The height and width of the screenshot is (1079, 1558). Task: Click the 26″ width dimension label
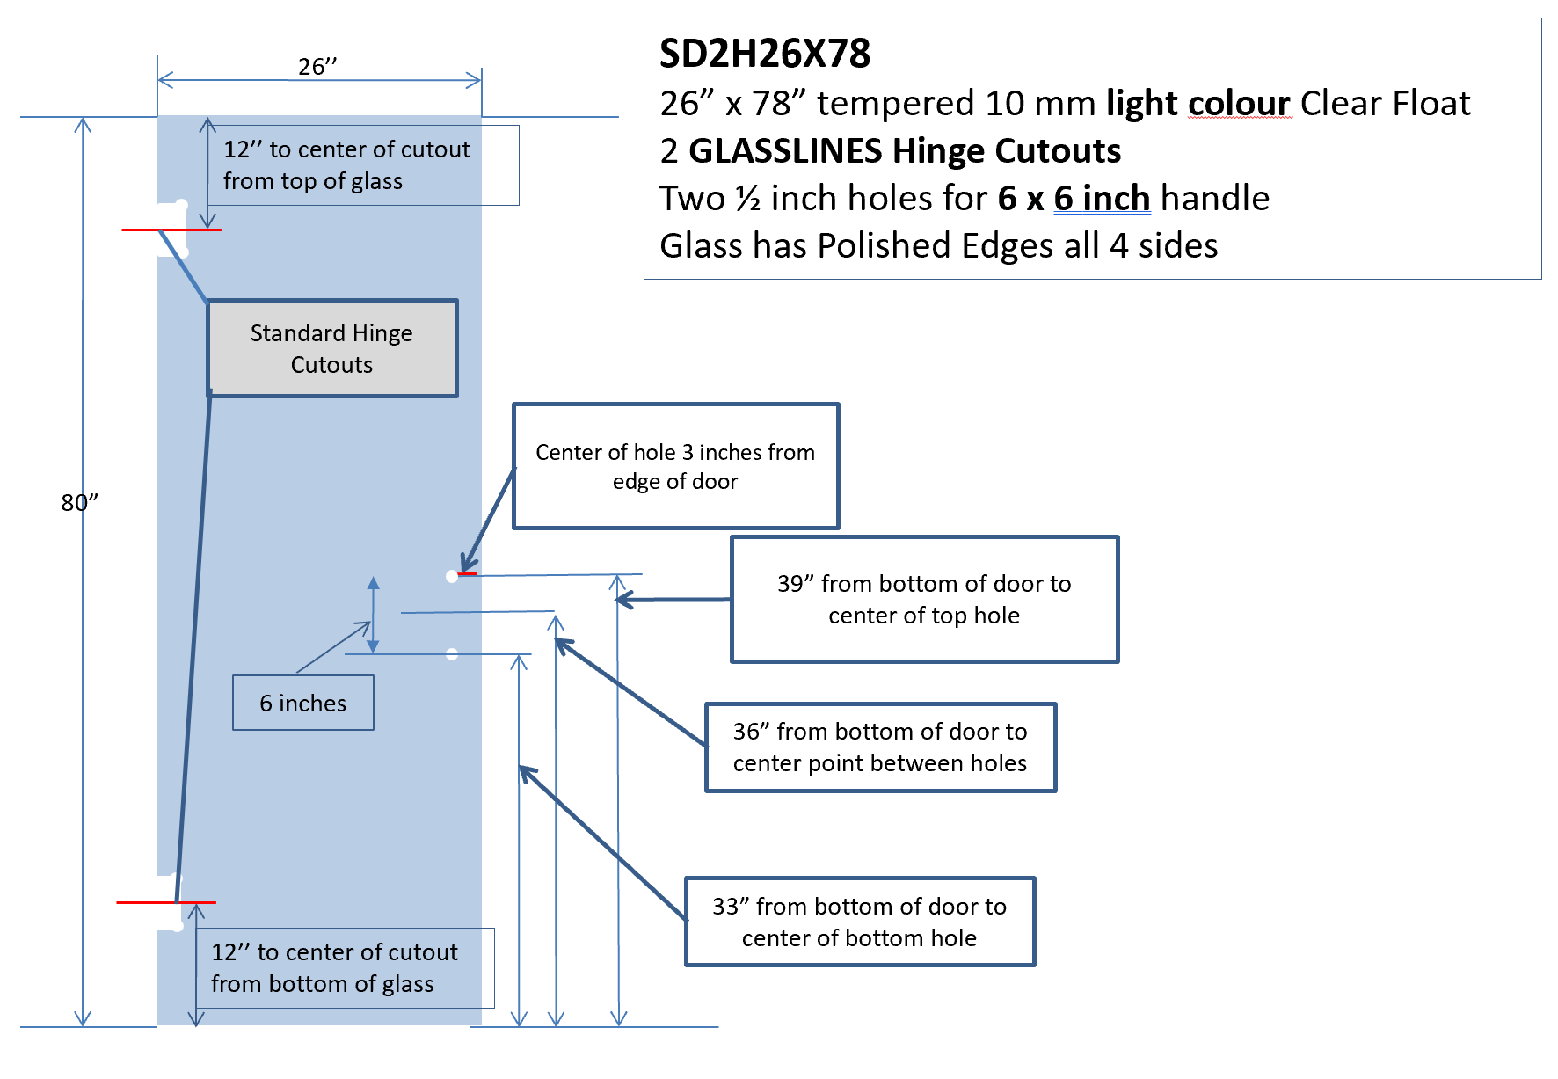coord(317,67)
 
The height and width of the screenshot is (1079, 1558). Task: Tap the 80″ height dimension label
coord(79,502)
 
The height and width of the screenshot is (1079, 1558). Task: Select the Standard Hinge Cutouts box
coord(332,348)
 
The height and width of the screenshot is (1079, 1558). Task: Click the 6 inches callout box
coord(303,703)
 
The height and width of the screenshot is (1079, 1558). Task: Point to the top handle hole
coord(452,577)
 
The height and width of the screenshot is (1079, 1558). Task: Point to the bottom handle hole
coord(452,654)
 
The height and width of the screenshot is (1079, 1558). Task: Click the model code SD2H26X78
coord(765,54)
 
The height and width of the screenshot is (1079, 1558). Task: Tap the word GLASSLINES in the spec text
coord(784,151)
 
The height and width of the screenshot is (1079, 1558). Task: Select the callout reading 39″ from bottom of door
coord(925,599)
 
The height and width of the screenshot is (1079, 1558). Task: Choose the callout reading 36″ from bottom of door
coord(881,747)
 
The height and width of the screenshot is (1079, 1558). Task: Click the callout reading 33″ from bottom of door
coord(860,922)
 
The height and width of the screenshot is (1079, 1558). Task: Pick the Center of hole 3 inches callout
coord(676,466)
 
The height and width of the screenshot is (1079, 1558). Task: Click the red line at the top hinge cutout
coord(171,230)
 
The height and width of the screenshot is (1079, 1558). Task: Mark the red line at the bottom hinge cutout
coord(166,902)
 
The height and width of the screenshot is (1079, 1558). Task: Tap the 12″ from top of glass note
coord(363,165)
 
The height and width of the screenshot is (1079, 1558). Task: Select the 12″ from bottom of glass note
coord(345,967)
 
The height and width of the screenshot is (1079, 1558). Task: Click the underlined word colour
coord(1240,104)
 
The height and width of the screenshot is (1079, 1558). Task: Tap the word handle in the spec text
coord(1215,199)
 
